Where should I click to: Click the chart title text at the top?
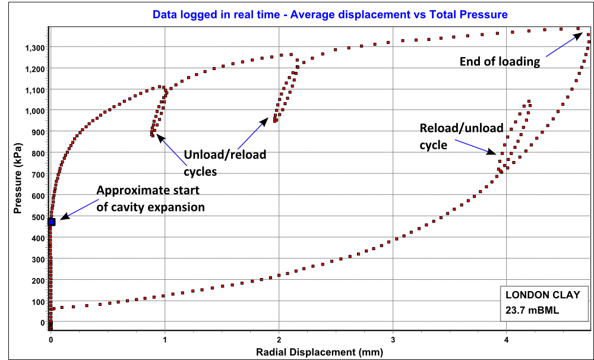(x=330, y=14)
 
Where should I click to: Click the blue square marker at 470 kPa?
(x=52, y=222)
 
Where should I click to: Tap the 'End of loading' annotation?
(x=500, y=61)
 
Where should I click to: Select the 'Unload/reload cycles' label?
(x=225, y=163)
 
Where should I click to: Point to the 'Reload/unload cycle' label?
(x=461, y=137)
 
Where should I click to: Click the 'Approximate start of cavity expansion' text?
(x=150, y=198)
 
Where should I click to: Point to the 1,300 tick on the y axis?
(x=34, y=48)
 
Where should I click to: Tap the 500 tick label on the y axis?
(x=38, y=217)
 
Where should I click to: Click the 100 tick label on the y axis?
(x=38, y=302)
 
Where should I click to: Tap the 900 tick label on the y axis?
(x=38, y=132)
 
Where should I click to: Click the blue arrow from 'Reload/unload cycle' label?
(x=475, y=147)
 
